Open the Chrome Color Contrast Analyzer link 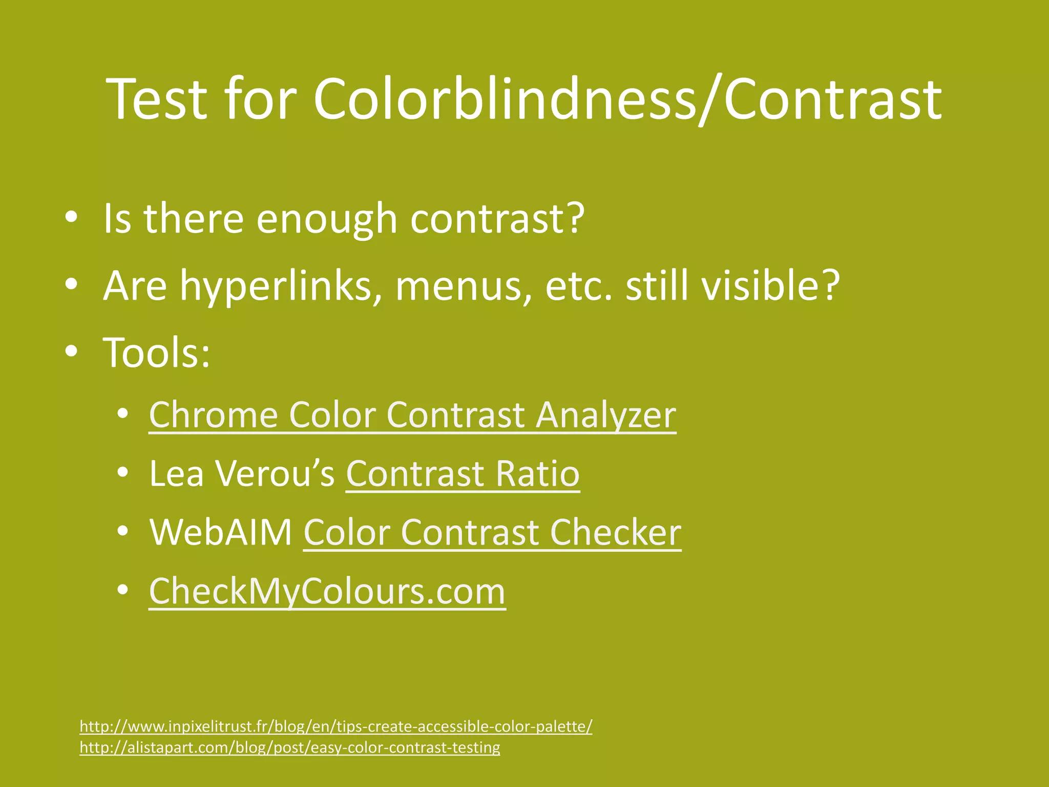[412, 415]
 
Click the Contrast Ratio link [463, 473]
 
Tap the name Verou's [275, 473]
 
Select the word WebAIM [221, 532]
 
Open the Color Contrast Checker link [492, 532]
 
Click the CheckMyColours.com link [327, 591]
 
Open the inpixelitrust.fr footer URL [336, 726]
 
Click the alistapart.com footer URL [290, 748]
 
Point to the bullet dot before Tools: [71, 352]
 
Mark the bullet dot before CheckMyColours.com [122, 591]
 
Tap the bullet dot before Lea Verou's [122, 473]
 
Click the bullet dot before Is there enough [71, 218]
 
